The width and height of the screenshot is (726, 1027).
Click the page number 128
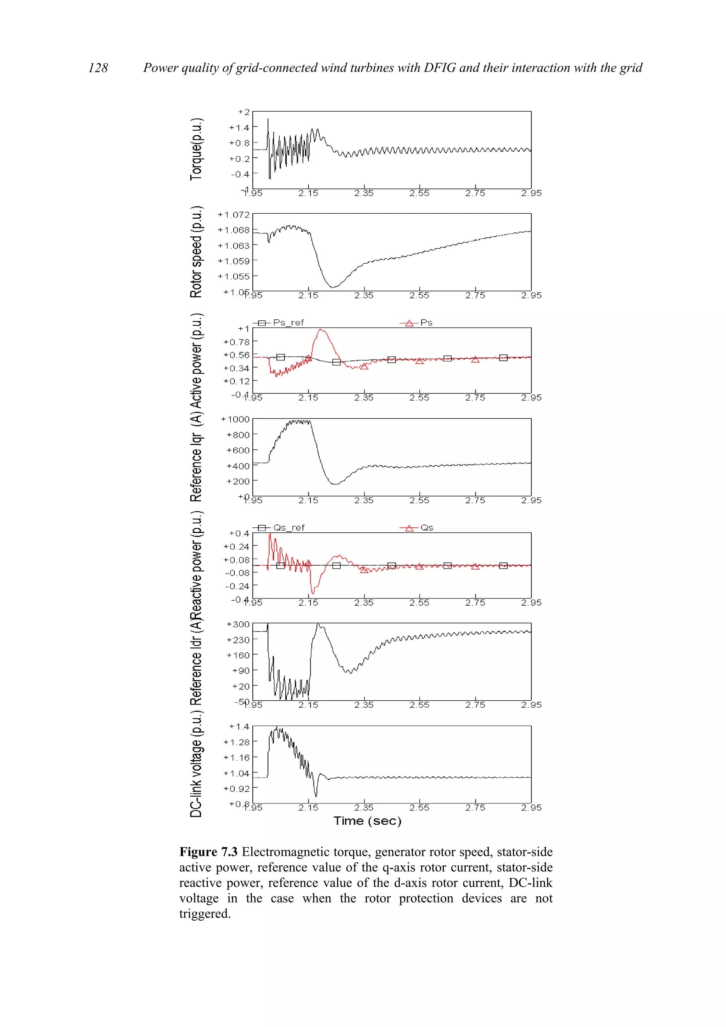tap(98, 68)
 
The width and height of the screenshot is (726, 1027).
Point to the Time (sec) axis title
tap(367, 821)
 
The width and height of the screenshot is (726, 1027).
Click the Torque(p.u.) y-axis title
tap(196, 150)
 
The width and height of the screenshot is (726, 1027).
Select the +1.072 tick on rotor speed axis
tap(234, 215)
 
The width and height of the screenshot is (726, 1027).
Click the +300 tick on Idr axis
tap(238, 624)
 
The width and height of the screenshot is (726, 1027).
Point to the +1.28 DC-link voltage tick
tap(236, 742)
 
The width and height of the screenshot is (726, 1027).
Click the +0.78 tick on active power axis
tap(236, 342)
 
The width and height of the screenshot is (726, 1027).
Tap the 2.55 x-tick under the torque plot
tap(419, 193)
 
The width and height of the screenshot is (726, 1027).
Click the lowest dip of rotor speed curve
tap(331, 287)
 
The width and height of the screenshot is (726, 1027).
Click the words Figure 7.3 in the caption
tap(208, 852)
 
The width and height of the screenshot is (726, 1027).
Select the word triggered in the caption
tap(205, 914)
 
